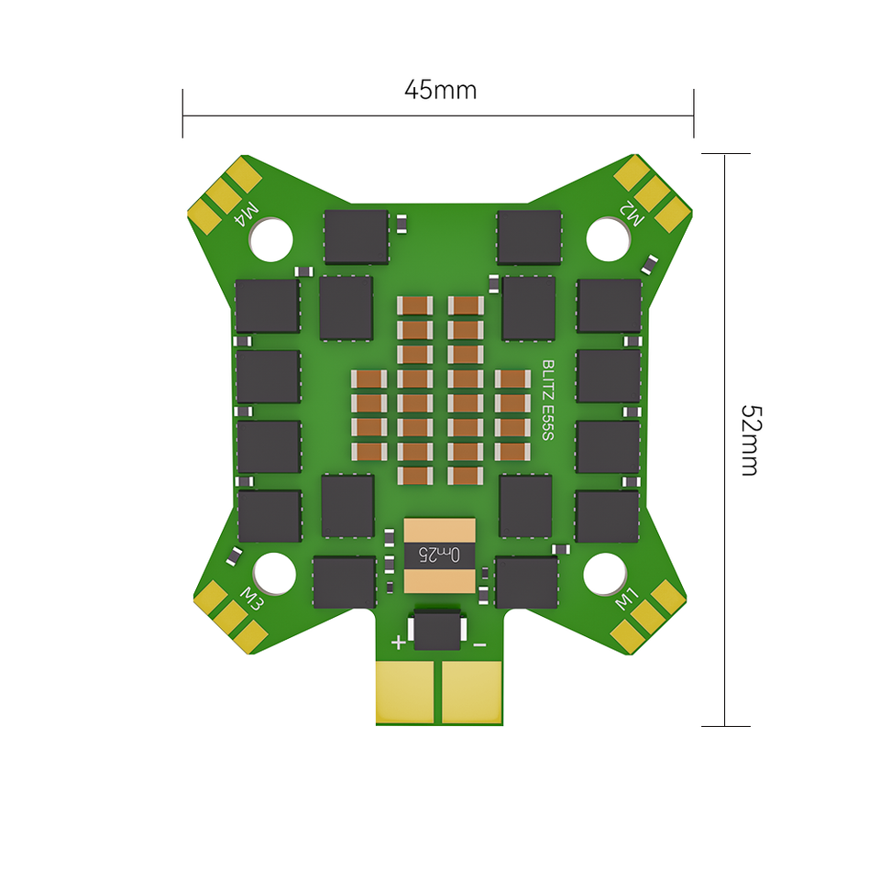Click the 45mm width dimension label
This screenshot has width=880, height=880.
coord(441,90)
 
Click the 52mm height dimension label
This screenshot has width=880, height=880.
coord(751,440)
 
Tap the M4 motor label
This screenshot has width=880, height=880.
coord(247,214)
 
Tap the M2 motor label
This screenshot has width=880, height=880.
coord(632,214)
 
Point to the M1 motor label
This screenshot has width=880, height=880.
coord(626,599)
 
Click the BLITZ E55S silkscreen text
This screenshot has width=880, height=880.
coord(548,401)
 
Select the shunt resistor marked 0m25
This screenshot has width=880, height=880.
coord(439,555)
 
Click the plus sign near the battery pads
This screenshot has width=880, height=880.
coord(398,642)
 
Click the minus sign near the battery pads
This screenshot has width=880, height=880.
coord(479,645)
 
